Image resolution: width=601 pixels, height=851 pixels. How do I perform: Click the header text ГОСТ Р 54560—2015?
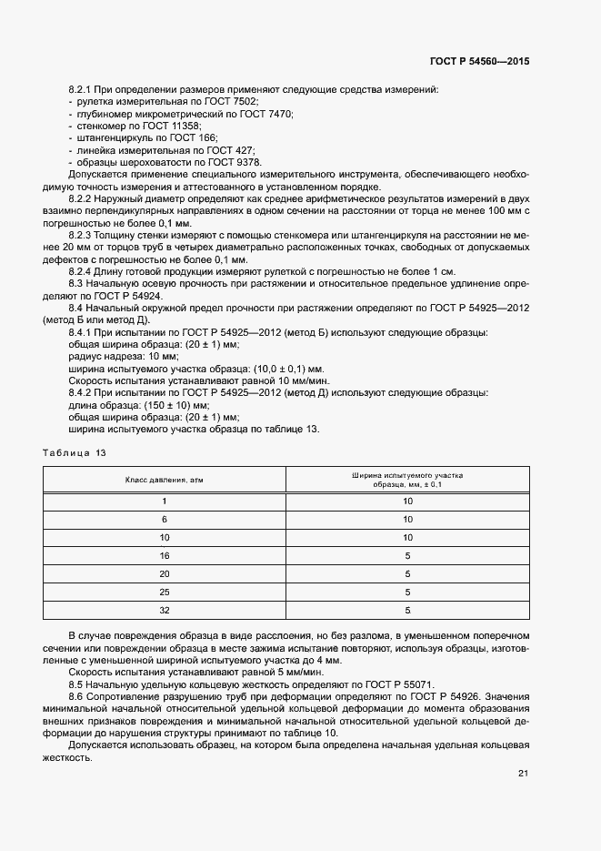point(478,61)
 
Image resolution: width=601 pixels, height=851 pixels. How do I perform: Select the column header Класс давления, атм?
point(165,479)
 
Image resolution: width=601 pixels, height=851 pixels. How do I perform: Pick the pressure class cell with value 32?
point(165,611)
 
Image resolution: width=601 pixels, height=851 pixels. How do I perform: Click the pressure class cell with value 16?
point(165,554)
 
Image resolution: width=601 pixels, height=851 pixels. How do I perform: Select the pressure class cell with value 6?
point(165,518)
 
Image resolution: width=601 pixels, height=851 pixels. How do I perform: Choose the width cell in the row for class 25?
point(407,592)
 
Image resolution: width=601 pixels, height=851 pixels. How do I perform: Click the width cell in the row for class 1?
point(407,501)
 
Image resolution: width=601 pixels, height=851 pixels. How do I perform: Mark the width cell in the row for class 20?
point(407,573)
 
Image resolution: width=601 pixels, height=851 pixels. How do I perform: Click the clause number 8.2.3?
point(84,233)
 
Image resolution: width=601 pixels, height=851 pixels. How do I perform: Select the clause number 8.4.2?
point(84,392)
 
